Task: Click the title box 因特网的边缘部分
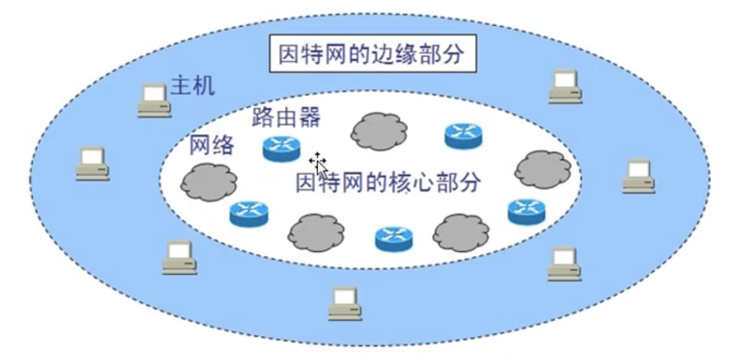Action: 371,55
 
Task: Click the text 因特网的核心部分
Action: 387,181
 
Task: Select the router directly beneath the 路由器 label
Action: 281,149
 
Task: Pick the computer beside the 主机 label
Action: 154,101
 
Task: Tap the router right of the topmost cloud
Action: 464,135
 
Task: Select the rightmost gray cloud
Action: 542,168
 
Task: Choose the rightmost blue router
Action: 526,211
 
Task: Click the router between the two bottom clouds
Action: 394,238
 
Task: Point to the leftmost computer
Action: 92,163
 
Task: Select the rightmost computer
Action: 638,176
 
